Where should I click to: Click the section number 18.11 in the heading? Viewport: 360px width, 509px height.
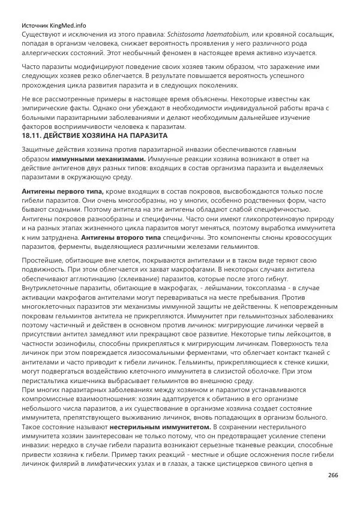click(x=31, y=135)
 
